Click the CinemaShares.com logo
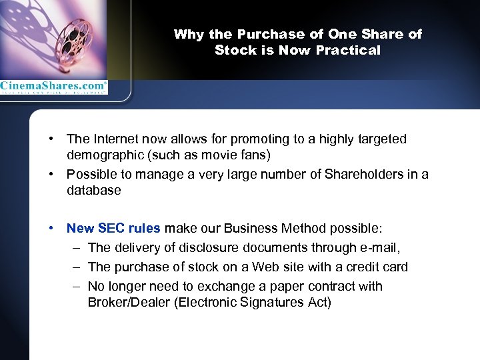pos(53,86)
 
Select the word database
pos(93,191)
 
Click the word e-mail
pos(379,247)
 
